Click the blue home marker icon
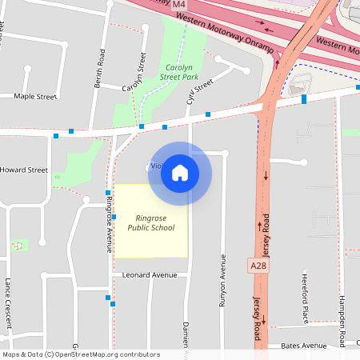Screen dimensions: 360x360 click(x=180, y=171)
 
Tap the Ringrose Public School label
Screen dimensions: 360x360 click(x=151, y=222)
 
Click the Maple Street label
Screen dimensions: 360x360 click(x=36, y=97)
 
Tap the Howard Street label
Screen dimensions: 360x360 click(x=24, y=170)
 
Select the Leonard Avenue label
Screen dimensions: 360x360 click(x=149, y=274)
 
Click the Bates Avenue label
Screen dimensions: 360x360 click(x=304, y=346)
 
